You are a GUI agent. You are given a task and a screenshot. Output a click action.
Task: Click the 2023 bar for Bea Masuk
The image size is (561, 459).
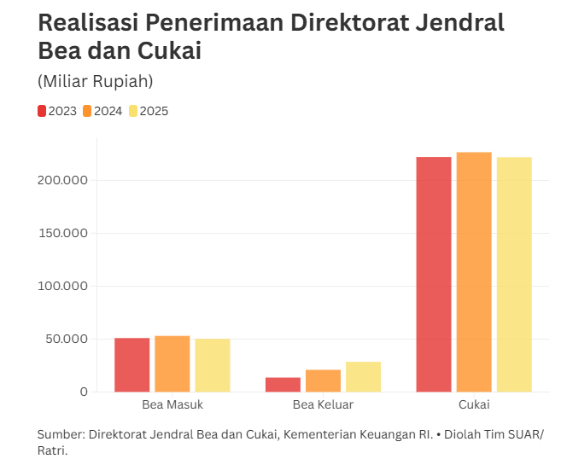click(x=132, y=365)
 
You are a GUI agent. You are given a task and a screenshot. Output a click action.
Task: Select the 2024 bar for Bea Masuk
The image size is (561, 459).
click(x=172, y=364)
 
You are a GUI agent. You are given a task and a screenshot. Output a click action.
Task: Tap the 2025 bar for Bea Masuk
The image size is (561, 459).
click(x=213, y=366)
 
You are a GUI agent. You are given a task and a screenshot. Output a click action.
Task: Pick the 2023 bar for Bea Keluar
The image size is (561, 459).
click(x=283, y=385)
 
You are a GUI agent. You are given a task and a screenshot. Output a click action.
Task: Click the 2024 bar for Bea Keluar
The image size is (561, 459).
click(x=323, y=381)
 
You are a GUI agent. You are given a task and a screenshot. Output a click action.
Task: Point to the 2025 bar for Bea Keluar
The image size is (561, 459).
click(x=363, y=377)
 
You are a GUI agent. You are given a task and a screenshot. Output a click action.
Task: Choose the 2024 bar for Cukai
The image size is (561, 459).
click(x=474, y=272)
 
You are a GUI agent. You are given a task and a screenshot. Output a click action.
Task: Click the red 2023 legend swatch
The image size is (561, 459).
click(x=42, y=111)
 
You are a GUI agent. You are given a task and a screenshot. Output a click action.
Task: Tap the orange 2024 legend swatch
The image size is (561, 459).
click(x=87, y=111)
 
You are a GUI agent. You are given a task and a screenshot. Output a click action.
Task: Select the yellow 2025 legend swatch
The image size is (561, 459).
click(x=133, y=111)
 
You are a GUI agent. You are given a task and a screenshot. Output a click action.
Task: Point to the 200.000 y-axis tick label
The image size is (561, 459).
click(x=63, y=180)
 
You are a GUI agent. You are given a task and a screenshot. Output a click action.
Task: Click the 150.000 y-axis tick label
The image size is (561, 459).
click(x=63, y=233)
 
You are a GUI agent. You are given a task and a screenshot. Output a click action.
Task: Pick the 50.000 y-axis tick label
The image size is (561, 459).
click(x=67, y=339)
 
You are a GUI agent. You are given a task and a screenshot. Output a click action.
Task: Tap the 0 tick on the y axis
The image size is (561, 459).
click(x=84, y=392)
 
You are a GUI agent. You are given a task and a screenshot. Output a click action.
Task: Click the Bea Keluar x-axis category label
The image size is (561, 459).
click(x=323, y=404)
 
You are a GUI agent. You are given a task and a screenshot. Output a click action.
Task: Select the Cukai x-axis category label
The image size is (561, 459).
click(x=474, y=404)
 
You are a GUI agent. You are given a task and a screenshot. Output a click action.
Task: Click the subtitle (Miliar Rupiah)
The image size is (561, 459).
click(x=95, y=82)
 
